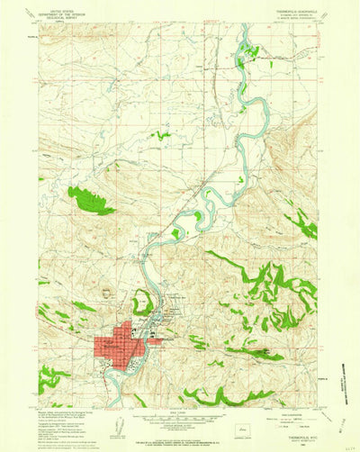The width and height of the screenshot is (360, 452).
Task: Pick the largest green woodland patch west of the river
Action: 90,200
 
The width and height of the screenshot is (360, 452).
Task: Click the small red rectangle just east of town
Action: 156,341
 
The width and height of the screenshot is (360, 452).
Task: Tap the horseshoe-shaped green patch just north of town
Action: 141,303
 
